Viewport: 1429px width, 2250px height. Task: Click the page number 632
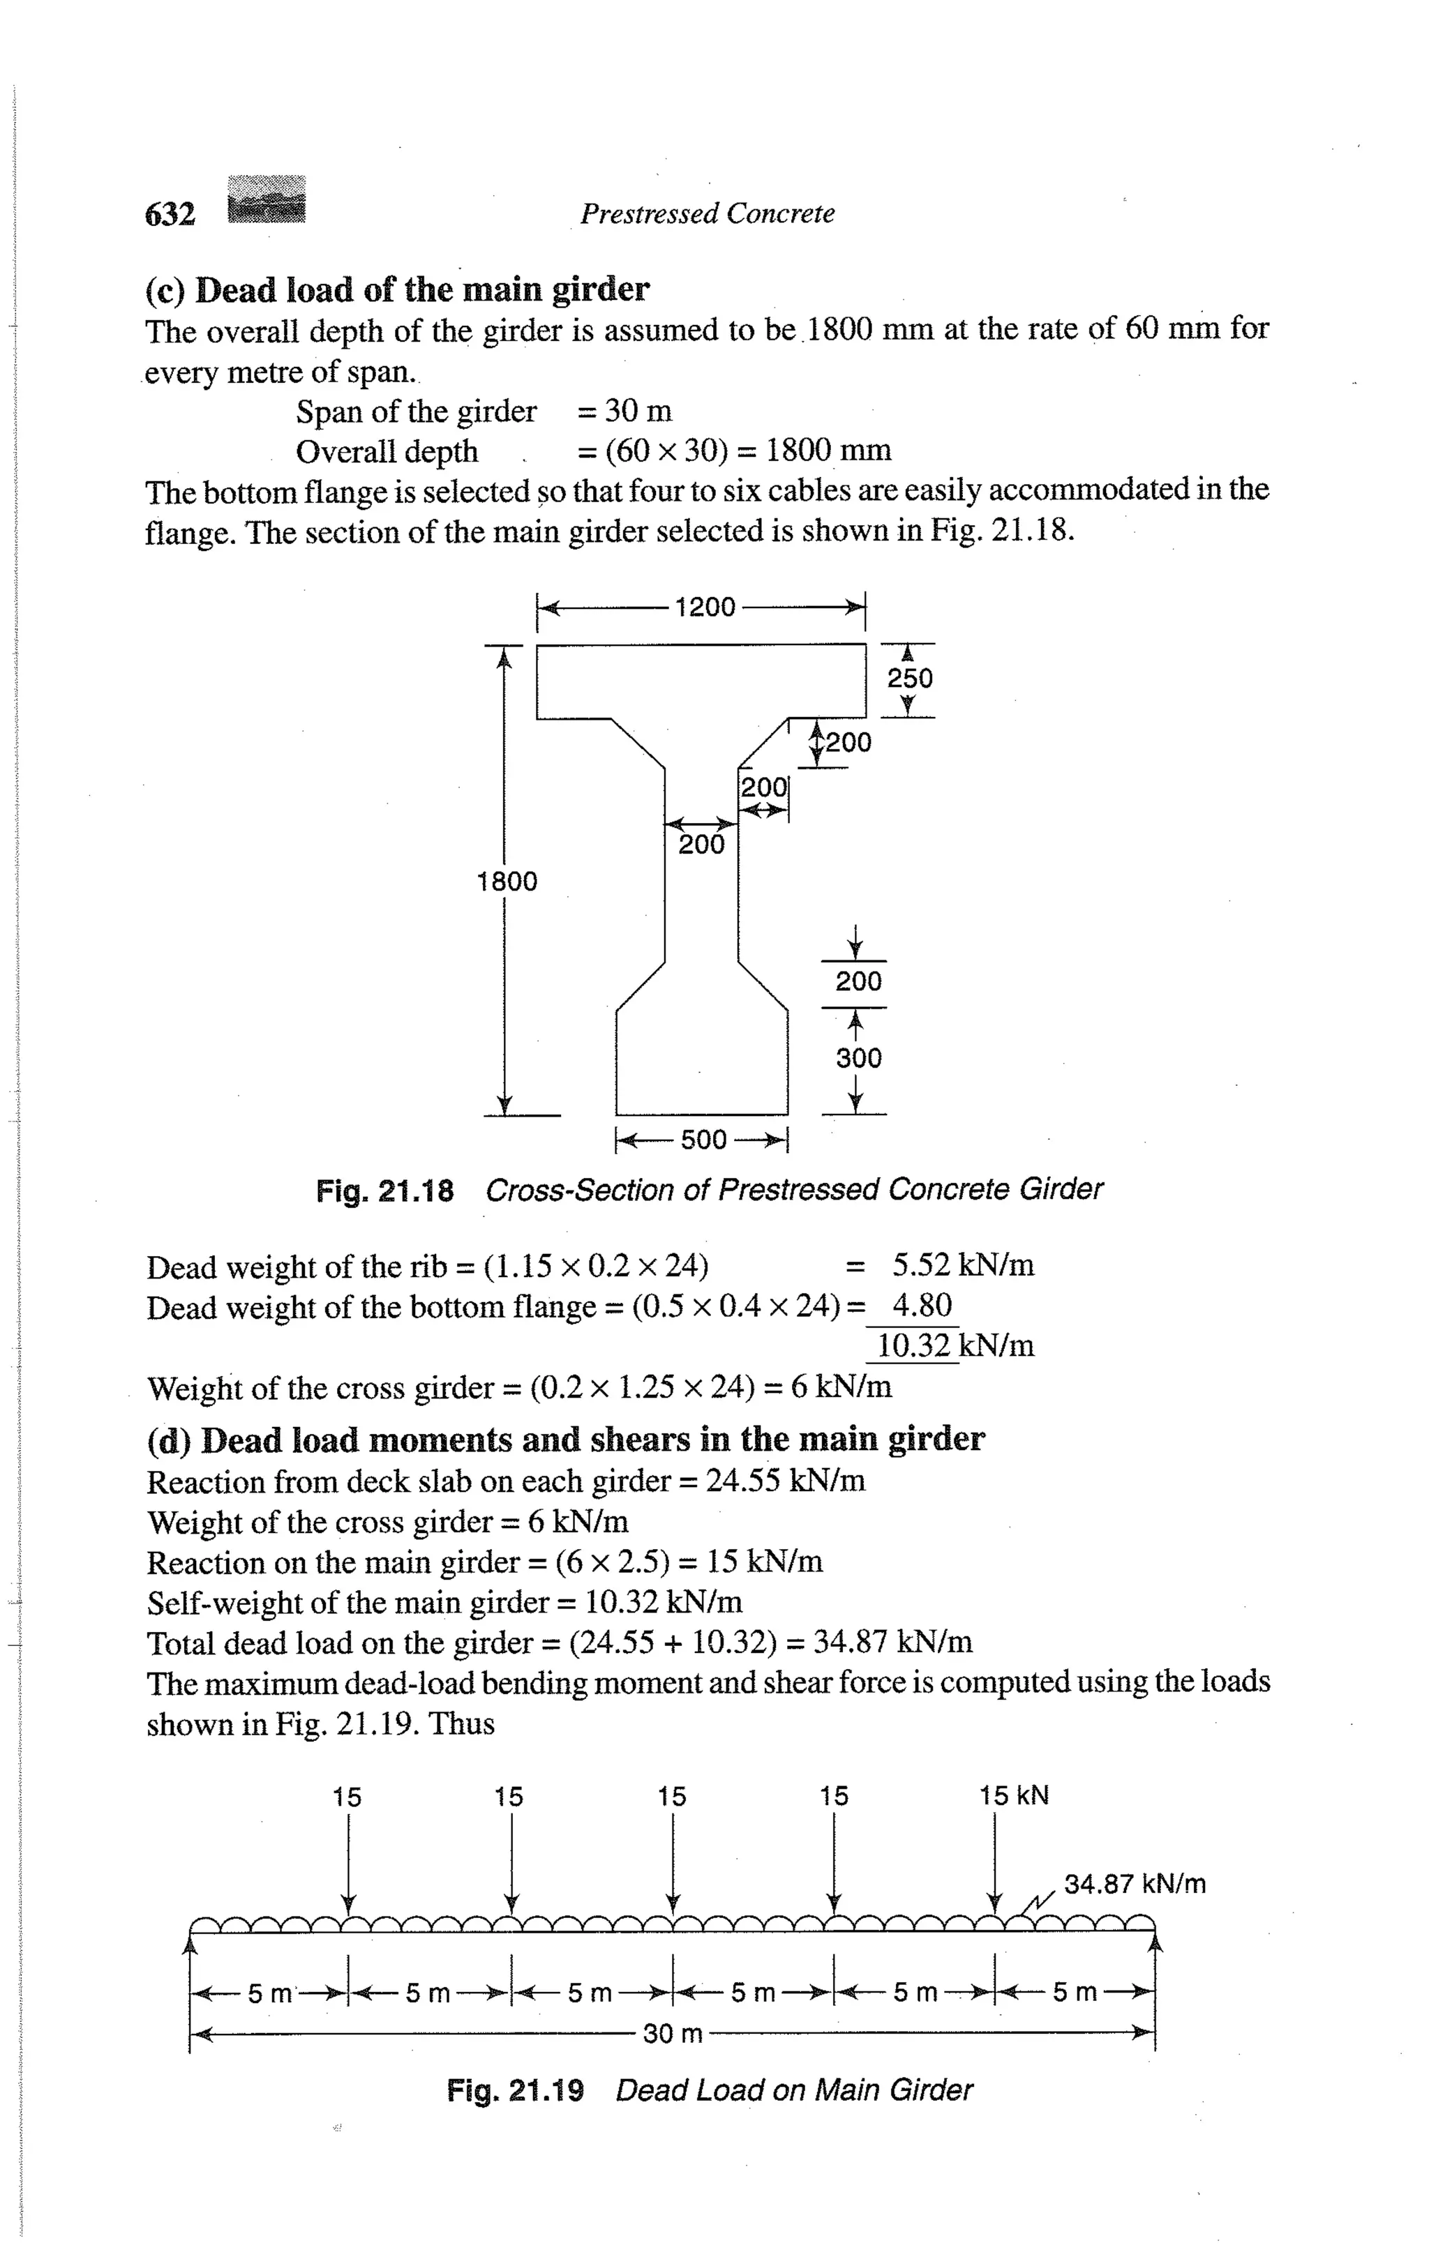pyautogui.click(x=170, y=215)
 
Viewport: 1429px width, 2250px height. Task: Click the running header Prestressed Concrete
pyautogui.click(x=707, y=214)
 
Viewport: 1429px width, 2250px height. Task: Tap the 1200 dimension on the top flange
pyautogui.click(x=705, y=607)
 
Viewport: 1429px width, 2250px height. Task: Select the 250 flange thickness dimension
pyautogui.click(x=909, y=679)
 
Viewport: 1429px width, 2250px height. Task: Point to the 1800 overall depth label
pyautogui.click(x=507, y=881)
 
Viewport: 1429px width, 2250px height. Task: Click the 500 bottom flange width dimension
pyautogui.click(x=703, y=1140)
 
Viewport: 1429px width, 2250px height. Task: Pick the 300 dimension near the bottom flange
pyautogui.click(x=858, y=1058)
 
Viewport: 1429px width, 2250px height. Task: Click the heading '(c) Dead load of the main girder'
pyautogui.click(x=397, y=289)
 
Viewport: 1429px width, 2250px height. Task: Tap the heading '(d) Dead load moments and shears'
pyautogui.click(x=565, y=1439)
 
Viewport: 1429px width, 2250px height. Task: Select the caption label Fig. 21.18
pyautogui.click(x=385, y=1191)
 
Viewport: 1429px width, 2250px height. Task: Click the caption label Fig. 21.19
pyautogui.click(x=515, y=2090)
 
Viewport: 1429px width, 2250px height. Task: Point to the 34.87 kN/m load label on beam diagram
pyautogui.click(x=1135, y=1884)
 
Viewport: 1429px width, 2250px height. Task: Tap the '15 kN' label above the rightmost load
pyautogui.click(x=1014, y=1796)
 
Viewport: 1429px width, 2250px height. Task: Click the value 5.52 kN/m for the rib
pyautogui.click(x=963, y=1265)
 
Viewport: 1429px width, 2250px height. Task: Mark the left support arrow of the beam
pyautogui.click(x=190, y=1944)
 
